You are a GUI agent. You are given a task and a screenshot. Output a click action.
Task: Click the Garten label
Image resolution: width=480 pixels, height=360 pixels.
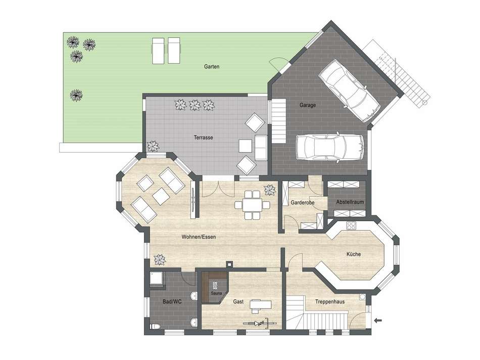click(211, 66)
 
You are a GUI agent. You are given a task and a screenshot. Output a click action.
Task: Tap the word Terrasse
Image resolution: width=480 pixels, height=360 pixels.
click(203, 137)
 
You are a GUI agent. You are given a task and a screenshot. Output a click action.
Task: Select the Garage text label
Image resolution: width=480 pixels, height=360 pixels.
click(307, 106)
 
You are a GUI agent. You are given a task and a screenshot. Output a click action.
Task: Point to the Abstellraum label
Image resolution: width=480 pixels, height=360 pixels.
click(346, 202)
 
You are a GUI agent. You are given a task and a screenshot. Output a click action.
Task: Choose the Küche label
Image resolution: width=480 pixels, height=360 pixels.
click(353, 254)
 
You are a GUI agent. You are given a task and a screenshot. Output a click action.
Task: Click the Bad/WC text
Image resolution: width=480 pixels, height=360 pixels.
click(172, 301)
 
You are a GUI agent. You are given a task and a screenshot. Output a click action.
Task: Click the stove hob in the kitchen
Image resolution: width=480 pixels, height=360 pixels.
click(351, 226)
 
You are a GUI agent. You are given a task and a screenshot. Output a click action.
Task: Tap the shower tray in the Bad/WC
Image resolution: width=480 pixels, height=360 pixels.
click(157, 279)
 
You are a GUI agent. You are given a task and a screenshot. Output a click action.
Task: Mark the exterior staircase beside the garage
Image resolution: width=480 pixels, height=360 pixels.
click(404, 76)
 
